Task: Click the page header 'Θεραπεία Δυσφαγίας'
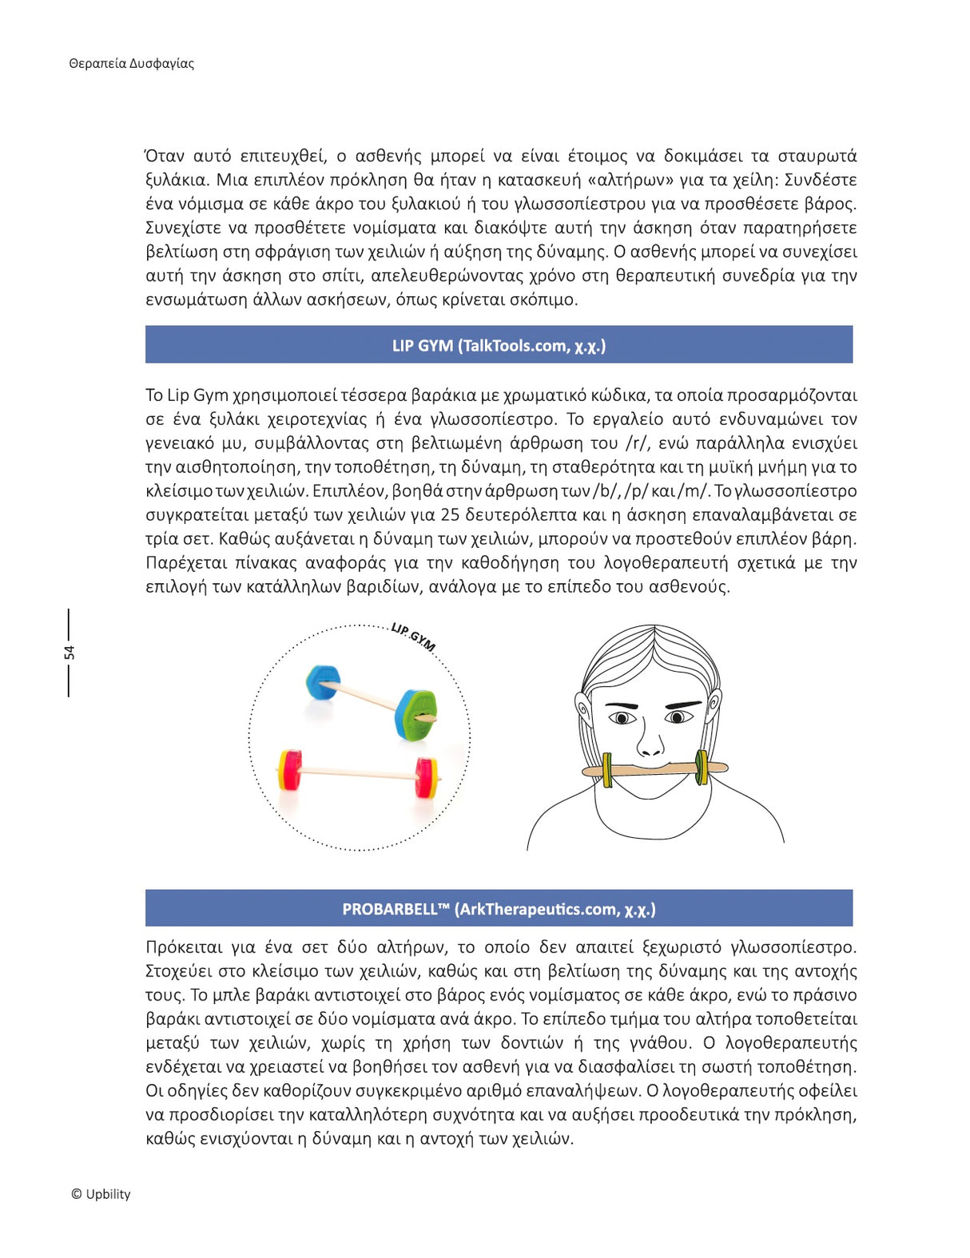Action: tap(131, 64)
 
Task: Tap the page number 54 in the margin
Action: tap(70, 653)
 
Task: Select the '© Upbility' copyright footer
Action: tap(100, 1194)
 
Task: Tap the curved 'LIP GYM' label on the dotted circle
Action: tap(413, 637)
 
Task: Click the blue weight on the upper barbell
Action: tap(322, 684)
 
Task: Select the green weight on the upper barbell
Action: tap(416, 714)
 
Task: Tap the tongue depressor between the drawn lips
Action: tap(655, 769)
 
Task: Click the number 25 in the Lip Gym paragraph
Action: tap(450, 515)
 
